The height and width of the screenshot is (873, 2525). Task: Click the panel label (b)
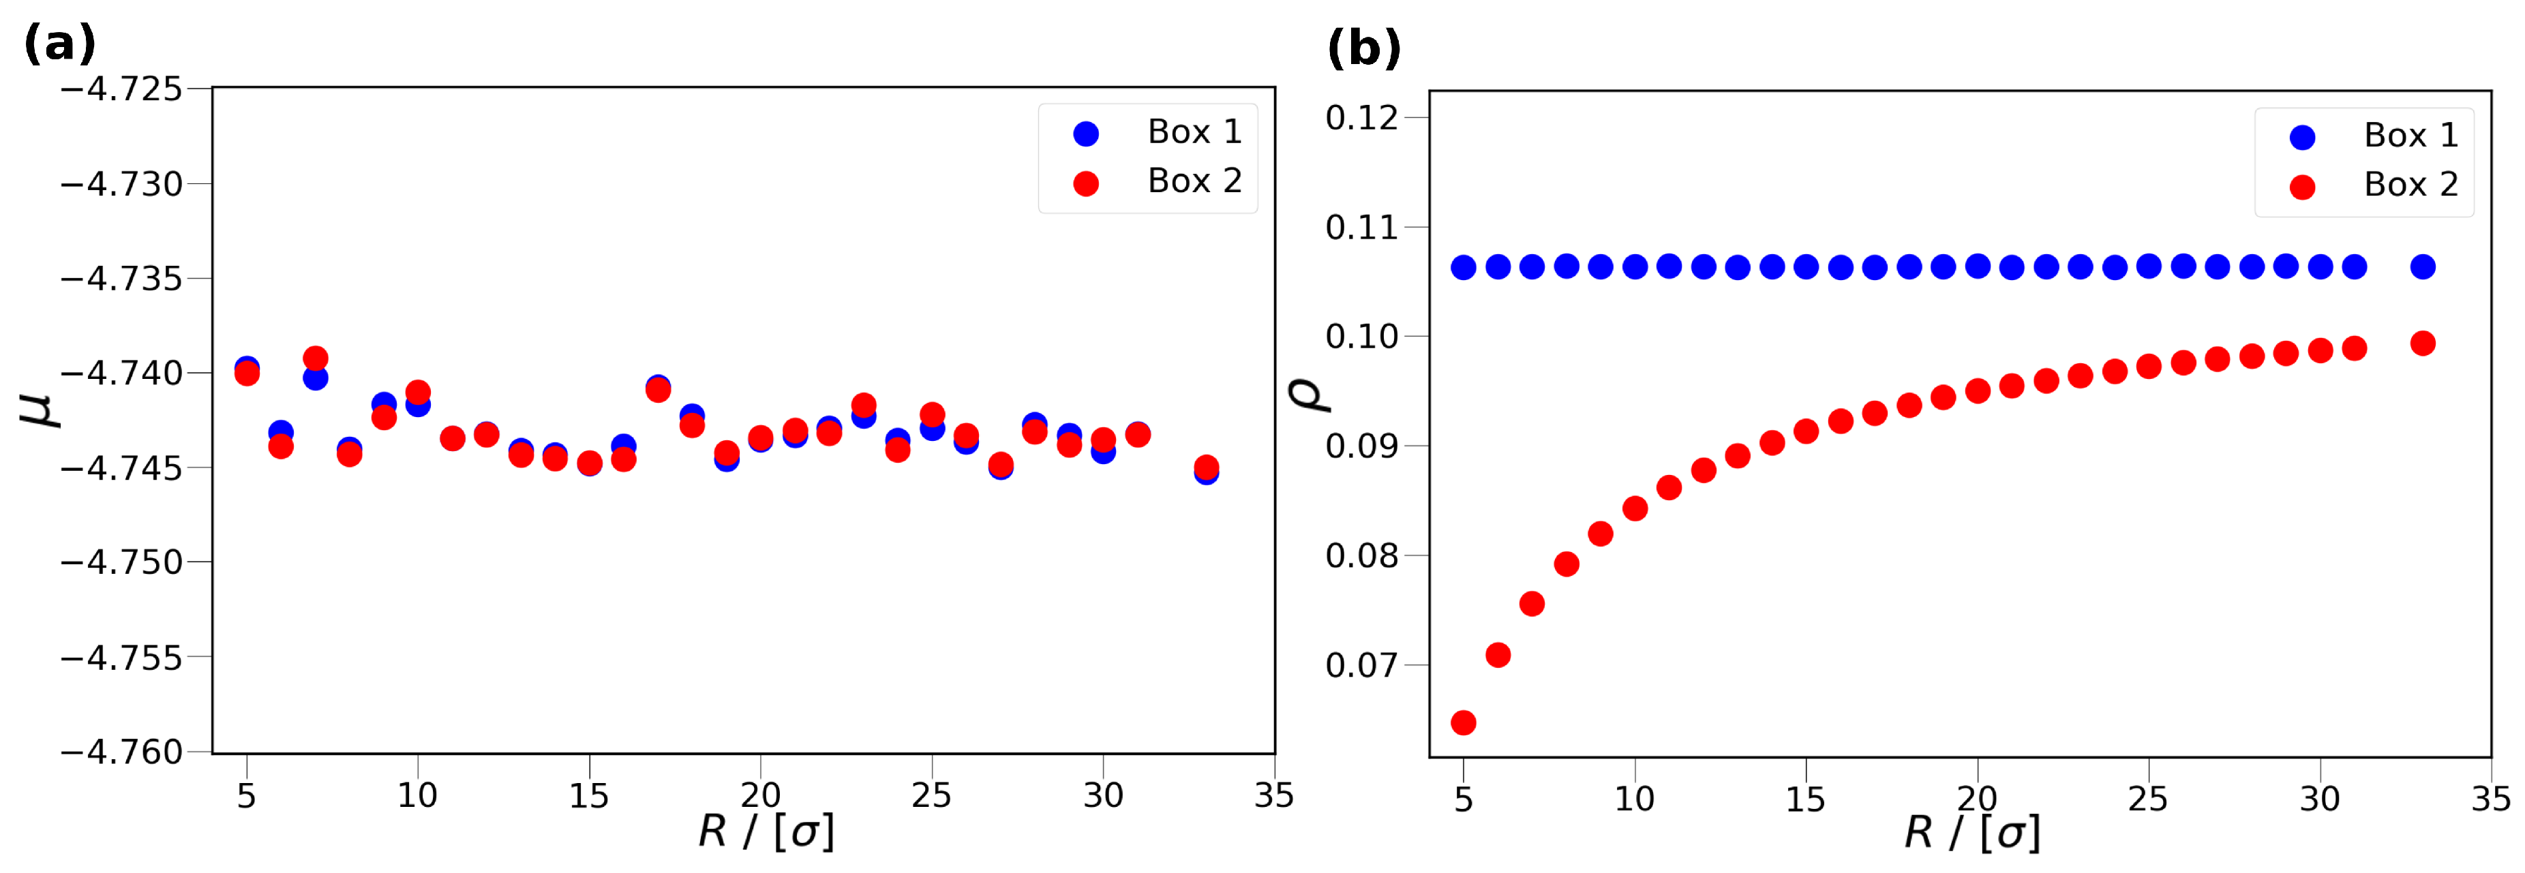(x=1363, y=48)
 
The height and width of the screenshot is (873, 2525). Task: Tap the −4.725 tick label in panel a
(x=121, y=89)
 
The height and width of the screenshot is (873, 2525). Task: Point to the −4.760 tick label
(x=121, y=752)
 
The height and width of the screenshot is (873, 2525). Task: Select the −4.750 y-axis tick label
(x=121, y=562)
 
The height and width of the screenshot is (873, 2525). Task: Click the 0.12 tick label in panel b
(x=1361, y=119)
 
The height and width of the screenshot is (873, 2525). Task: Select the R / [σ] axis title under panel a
(x=766, y=833)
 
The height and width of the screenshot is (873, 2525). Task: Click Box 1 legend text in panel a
(x=1194, y=132)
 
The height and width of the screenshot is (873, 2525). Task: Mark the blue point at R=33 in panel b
(x=2422, y=266)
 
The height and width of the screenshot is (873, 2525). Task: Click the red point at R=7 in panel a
(x=315, y=358)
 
